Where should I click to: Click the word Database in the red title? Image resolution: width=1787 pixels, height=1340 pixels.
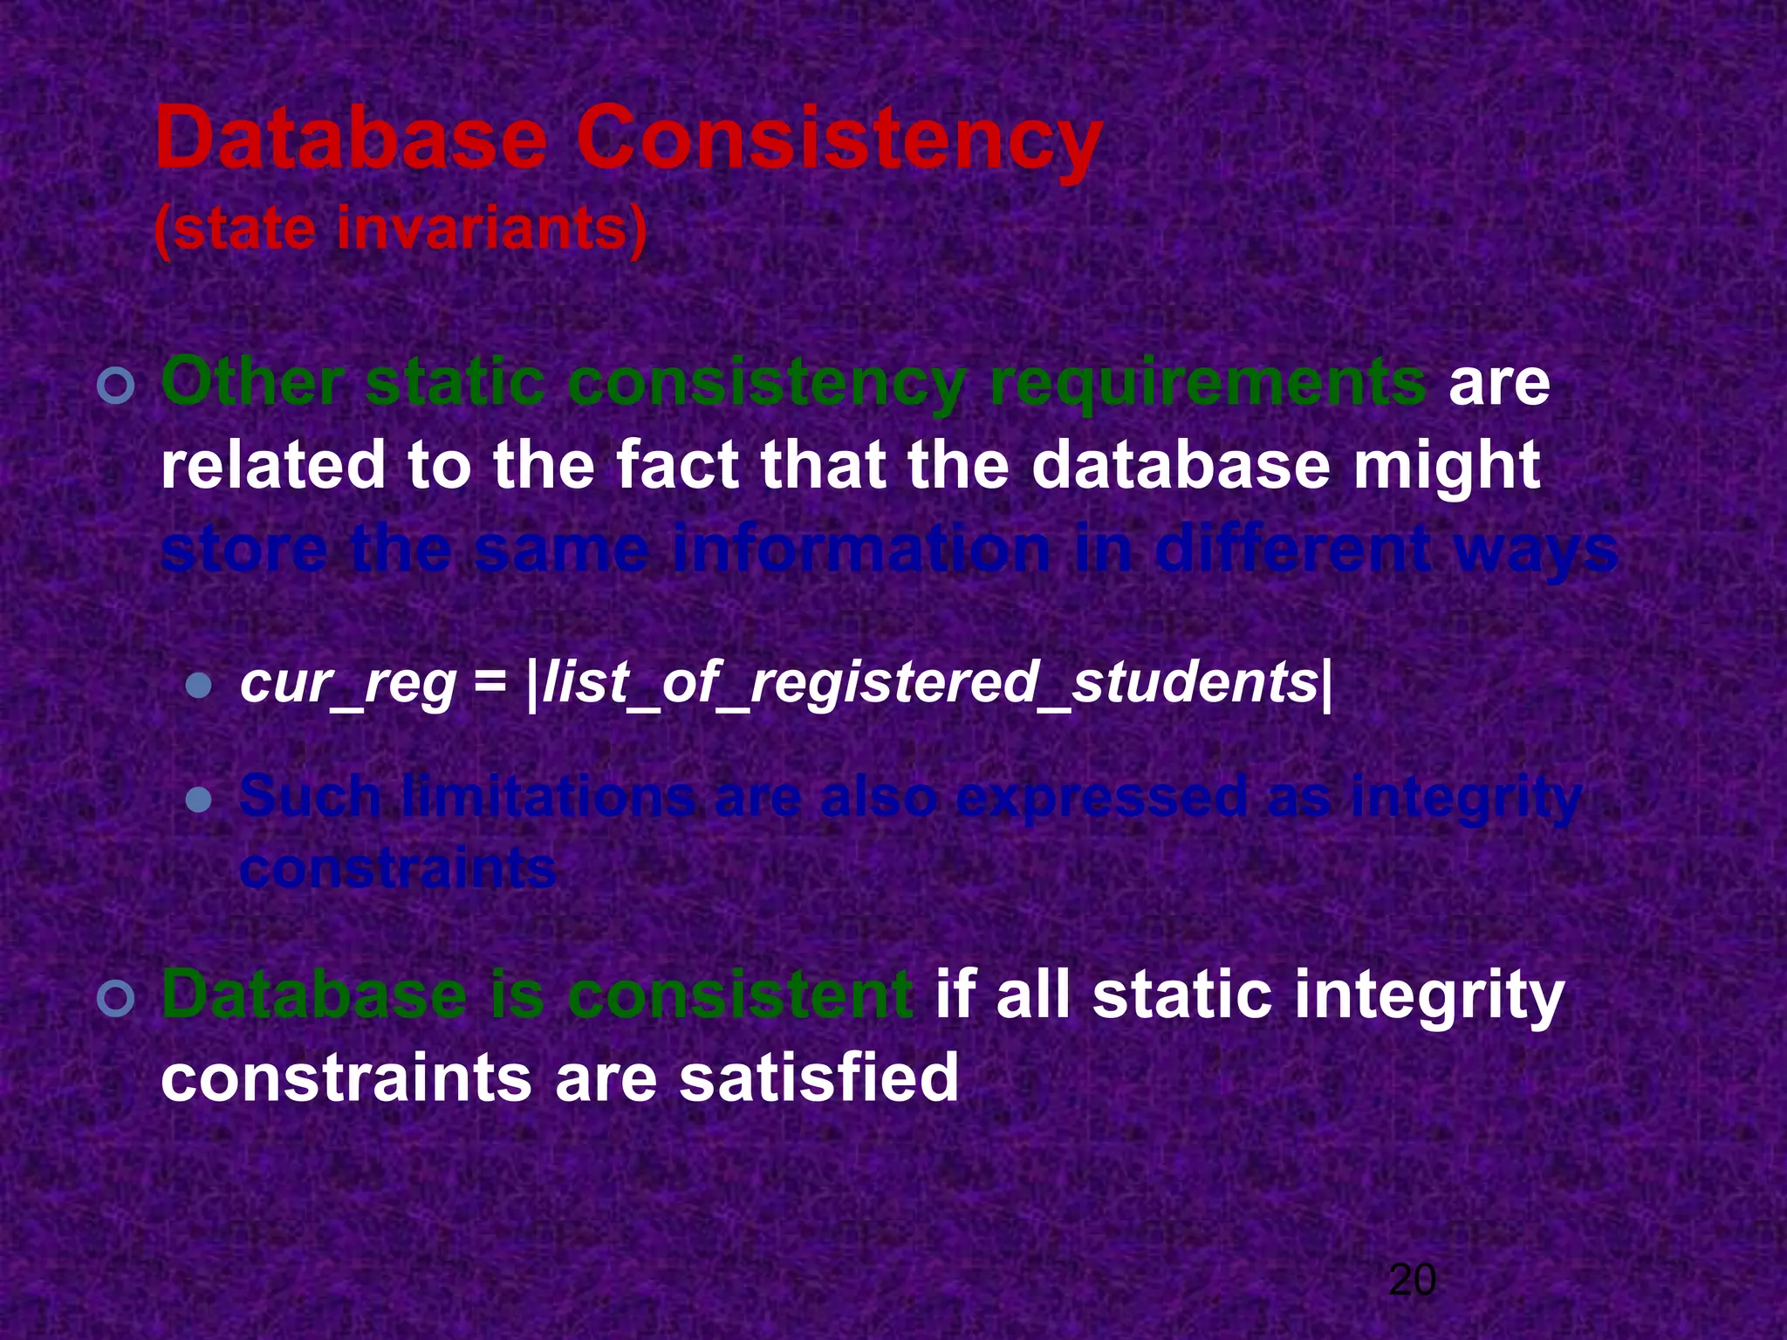pyautogui.click(x=350, y=140)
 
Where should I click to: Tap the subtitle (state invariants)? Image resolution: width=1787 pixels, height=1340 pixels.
pyautogui.click(x=401, y=229)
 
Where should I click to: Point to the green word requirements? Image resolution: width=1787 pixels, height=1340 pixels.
pyautogui.click(x=1208, y=385)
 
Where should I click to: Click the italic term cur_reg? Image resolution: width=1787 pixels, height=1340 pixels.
pyautogui.click(x=348, y=683)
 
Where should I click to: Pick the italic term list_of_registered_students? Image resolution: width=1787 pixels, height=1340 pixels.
pyautogui.click(x=929, y=683)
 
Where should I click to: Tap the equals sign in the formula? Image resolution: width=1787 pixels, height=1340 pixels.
pyautogui.click(x=490, y=683)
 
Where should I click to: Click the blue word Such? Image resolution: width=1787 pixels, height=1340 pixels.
pyautogui.click(x=310, y=796)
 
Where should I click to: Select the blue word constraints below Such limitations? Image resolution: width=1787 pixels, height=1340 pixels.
pyautogui.click(x=397, y=869)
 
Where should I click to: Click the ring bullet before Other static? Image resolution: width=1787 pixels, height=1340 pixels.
pyautogui.click(x=116, y=386)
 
